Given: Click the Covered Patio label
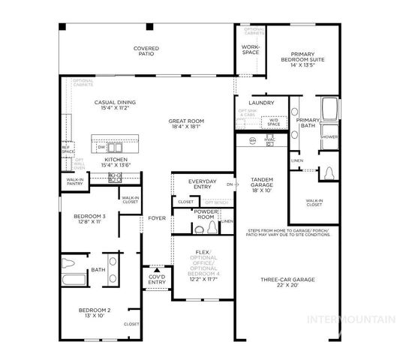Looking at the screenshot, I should pos(146,52).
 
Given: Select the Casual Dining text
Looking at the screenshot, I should pos(114,105).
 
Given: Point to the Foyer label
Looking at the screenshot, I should pos(157,218).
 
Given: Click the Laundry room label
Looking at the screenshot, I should pos(260,103).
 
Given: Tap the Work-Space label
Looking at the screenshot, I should pos(250,50).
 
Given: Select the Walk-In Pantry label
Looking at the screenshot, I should pos(74,181).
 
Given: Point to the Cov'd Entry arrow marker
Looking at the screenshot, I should pos(157,269).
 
